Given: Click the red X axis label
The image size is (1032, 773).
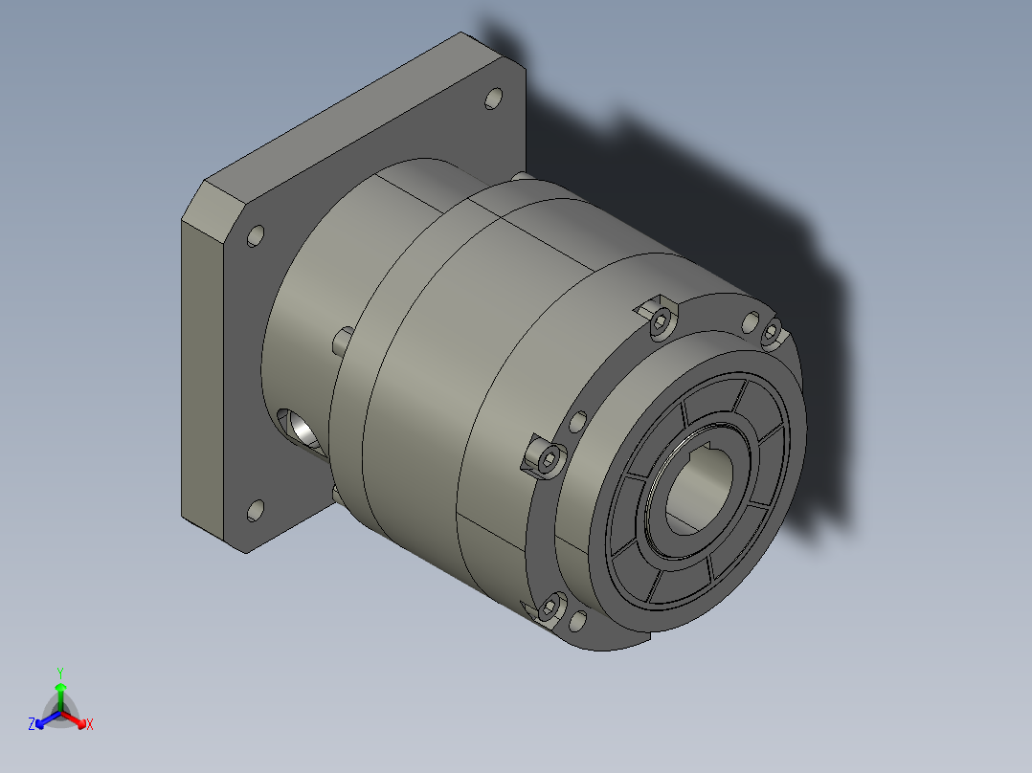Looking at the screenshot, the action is click(x=90, y=724).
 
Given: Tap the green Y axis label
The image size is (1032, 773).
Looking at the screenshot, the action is click(x=60, y=673).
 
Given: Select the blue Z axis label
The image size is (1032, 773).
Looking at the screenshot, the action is click(x=32, y=723).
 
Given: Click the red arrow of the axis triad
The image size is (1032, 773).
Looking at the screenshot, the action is click(x=75, y=718).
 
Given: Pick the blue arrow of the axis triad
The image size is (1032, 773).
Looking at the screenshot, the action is click(x=48, y=719).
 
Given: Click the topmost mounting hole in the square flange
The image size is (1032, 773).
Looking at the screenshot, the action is click(x=494, y=99).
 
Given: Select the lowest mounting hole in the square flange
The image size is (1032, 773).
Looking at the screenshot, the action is click(x=256, y=511).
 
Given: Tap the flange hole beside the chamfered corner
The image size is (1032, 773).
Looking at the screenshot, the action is click(x=256, y=235).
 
